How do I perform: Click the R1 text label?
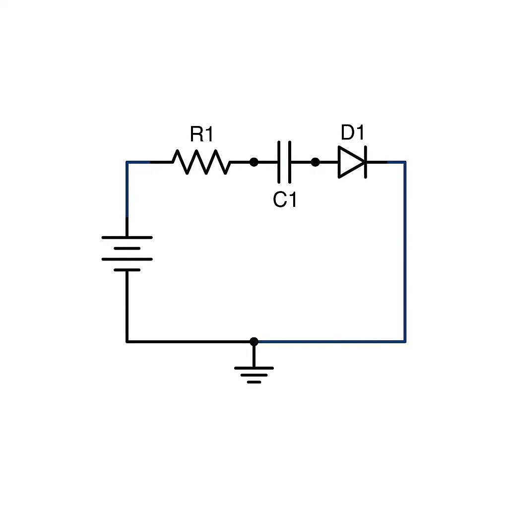201,134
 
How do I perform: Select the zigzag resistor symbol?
201,162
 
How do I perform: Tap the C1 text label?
285,200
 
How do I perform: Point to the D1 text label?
352,133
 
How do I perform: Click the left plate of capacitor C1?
279,162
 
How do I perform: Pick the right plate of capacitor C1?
289,162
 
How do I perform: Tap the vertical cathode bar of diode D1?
365,162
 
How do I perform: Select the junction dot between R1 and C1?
254,162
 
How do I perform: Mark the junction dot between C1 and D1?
315,162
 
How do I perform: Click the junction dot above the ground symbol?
254,341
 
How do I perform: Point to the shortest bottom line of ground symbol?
254,382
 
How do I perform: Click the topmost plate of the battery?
127,238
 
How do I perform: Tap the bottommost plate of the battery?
127,270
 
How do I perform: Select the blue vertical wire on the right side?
405,248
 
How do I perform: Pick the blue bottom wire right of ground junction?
330,341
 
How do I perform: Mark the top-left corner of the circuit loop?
127,162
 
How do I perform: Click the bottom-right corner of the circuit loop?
405,341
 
